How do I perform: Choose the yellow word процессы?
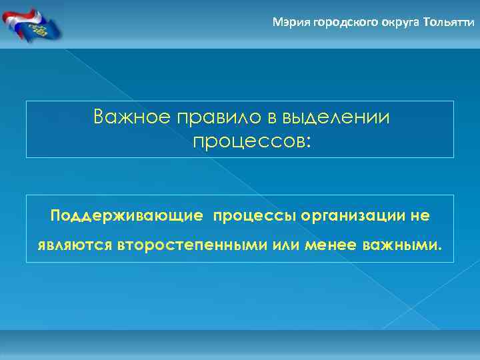(255, 217)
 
